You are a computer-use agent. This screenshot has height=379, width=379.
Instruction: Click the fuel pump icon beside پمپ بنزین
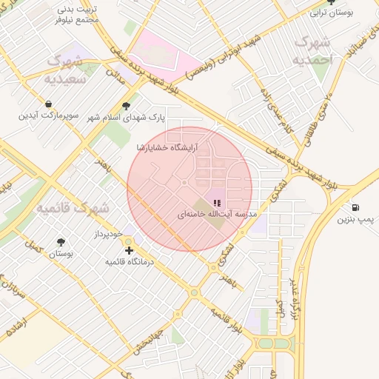coord(356,207)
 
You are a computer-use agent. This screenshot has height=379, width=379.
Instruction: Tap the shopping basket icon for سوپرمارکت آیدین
coord(48,104)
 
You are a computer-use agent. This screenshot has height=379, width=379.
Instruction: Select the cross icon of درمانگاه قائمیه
coord(129,251)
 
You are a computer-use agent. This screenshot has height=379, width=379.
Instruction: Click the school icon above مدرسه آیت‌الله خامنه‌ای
coord(216,202)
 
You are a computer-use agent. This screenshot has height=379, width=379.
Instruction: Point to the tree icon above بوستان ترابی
coord(331,2)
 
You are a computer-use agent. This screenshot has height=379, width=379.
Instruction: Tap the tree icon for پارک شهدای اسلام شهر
coord(126,106)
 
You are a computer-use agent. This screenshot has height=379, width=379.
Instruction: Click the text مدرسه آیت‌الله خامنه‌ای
coord(216,214)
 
